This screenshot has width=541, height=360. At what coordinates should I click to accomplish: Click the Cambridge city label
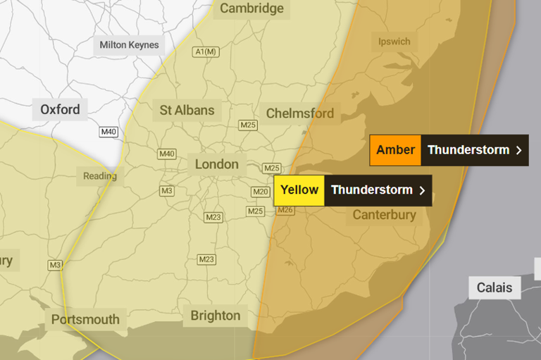point(251,8)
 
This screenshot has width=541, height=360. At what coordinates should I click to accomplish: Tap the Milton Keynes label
point(129,45)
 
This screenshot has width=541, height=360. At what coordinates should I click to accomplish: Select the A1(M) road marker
point(206,51)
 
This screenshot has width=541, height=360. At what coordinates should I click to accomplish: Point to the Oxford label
point(60,110)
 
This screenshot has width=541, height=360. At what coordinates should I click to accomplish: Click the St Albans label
point(187,110)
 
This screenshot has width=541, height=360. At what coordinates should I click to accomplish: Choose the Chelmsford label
point(299,113)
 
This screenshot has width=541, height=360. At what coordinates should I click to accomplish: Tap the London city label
point(216,164)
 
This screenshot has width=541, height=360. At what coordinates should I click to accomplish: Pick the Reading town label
point(99,176)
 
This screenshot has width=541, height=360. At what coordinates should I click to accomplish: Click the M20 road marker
point(261,192)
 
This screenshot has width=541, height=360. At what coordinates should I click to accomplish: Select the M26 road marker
point(285,210)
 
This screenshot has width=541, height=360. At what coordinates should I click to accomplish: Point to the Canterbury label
point(384,215)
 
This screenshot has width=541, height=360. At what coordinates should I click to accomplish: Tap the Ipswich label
point(394,42)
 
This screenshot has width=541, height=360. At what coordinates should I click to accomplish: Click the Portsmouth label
point(85,319)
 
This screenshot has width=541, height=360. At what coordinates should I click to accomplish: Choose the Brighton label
point(215,316)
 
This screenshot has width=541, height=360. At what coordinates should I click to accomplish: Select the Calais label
point(495,287)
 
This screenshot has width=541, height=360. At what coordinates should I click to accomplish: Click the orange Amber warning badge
point(395,150)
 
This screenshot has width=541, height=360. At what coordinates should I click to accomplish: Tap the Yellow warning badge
point(299,190)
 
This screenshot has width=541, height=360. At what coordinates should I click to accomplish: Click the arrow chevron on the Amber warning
point(518,150)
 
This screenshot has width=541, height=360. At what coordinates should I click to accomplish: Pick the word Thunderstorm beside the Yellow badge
point(371,190)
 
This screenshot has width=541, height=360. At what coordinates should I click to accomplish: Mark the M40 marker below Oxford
point(108,132)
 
